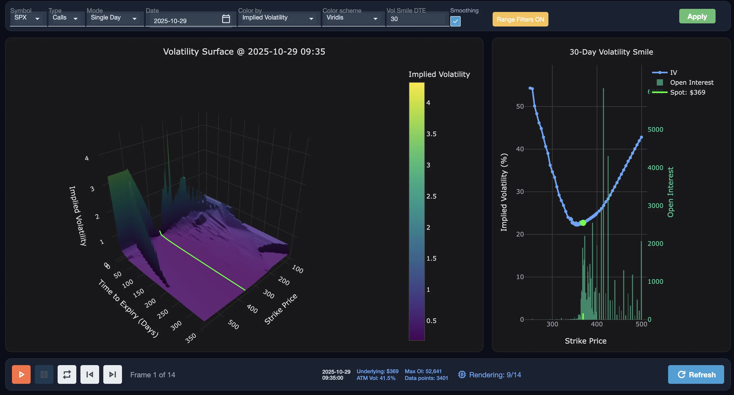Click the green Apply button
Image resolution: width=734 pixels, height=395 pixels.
697,16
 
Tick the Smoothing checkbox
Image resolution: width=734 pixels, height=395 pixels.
455,21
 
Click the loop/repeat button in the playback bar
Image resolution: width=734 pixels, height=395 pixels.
67,374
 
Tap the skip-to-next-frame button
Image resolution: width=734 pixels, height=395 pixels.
113,374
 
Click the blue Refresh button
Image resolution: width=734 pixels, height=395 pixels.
696,374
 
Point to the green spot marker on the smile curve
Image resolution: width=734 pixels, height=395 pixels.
583,223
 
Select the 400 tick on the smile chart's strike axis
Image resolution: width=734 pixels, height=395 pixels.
597,324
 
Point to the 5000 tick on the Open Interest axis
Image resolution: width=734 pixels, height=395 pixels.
655,129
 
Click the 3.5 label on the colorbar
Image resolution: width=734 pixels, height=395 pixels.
431,134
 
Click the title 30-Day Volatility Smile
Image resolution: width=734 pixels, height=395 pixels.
611,52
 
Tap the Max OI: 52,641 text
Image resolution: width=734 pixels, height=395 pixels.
423,371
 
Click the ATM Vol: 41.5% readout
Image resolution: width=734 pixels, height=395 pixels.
376,378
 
